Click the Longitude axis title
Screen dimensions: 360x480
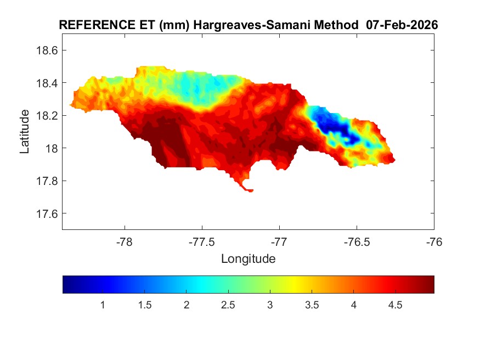pyautogui.click(x=248, y=258)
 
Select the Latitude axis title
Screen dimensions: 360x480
pyautogui.click(x=25, y=132)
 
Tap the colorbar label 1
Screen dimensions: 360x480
pyautogui.click(x=103, y=305)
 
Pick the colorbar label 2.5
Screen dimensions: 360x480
pyautogui.click(x=228, y=305)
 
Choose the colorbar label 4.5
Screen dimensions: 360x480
pyautogui.click(x=396, y=305)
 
